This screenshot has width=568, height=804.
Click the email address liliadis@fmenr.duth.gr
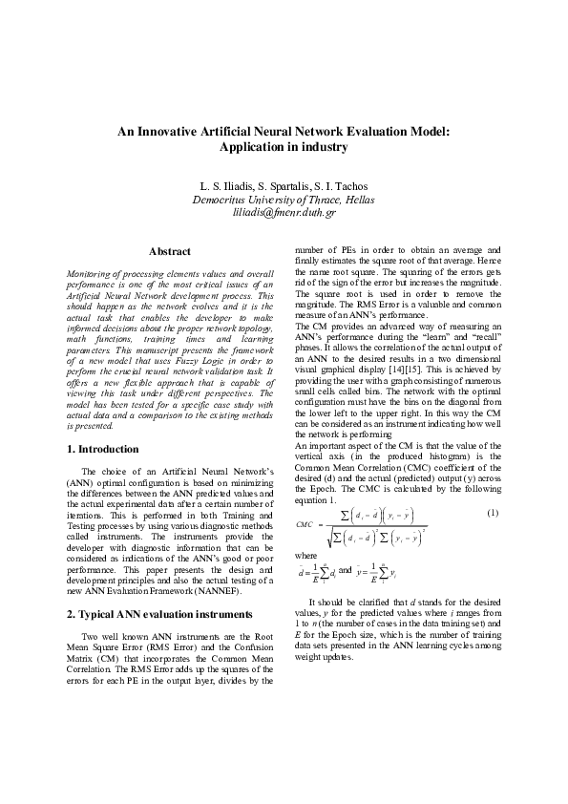tap(284, 213)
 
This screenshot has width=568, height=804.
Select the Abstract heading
tap(170, 251)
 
